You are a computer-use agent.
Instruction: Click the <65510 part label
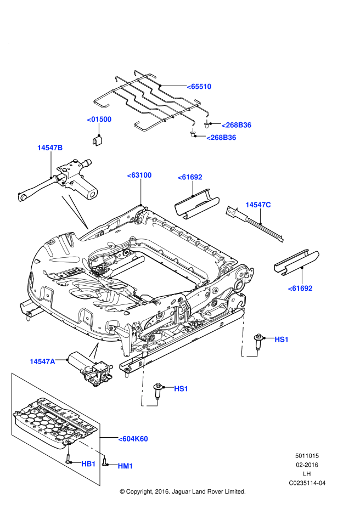point(199,87)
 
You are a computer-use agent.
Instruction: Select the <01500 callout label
point(99,119)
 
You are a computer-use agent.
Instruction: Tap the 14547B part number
point(50,148)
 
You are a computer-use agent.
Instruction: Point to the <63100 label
point(139,175)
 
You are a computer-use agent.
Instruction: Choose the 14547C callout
point(258,205)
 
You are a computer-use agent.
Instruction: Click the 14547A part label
point(43,361)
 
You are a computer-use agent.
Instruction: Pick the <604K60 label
point(133,438)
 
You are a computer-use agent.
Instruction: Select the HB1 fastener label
point(88,463)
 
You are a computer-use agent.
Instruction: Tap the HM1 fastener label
point(125,466)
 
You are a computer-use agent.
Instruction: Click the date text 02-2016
point(307,465)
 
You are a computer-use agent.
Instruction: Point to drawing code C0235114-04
point(307,483)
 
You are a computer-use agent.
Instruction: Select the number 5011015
point(307,456)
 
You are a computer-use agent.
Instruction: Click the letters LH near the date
point(307,474)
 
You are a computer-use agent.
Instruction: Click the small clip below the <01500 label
point(98,140)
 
